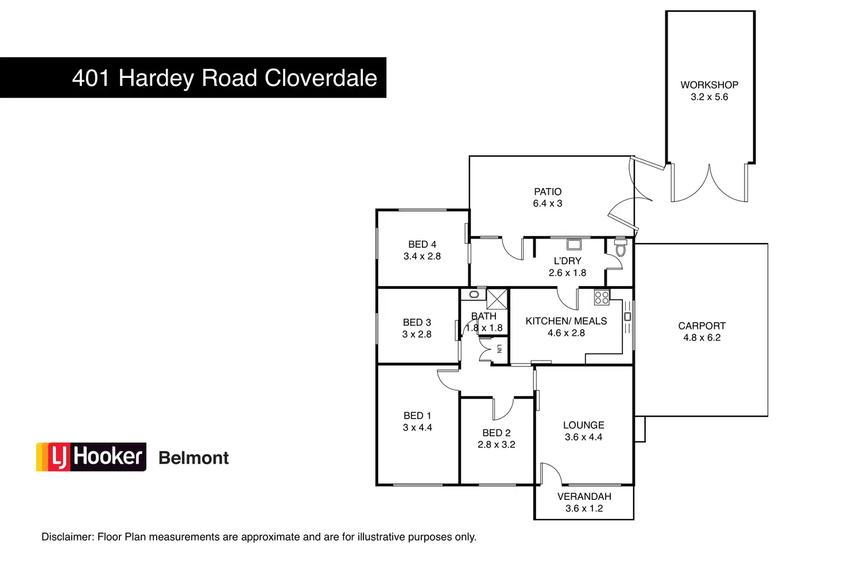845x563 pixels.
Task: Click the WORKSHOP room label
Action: point(709,85)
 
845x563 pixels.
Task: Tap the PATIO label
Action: point(548,191)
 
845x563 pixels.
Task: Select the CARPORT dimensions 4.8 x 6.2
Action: point(701,338)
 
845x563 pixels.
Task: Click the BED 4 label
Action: point(422,244)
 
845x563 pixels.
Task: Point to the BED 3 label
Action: point(417,322)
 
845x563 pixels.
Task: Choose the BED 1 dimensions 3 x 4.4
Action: point(417,428)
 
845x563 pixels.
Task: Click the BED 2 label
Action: point(496,433)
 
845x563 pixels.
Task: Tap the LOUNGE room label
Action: point(583,425)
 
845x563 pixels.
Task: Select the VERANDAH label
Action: point(584,496)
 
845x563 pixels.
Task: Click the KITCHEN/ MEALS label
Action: point(566,321)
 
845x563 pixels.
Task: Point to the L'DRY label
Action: point(567,261)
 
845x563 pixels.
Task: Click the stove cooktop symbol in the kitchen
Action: point(602,298)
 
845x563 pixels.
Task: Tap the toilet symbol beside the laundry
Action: point(620,248)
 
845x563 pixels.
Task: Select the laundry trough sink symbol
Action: point(573,245)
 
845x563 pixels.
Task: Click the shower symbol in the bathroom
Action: point(497,299)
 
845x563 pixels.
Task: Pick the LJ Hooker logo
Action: point(91,457)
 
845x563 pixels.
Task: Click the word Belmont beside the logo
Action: point(193,458)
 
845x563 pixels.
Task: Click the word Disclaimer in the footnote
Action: point(67,537)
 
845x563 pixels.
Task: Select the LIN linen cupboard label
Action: point(499,349)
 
